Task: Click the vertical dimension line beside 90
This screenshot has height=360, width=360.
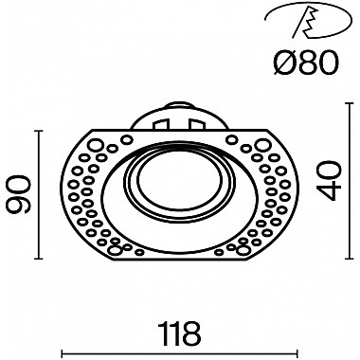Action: [x=38, y=195]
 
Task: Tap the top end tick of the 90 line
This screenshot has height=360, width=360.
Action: [x=38, y=132]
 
